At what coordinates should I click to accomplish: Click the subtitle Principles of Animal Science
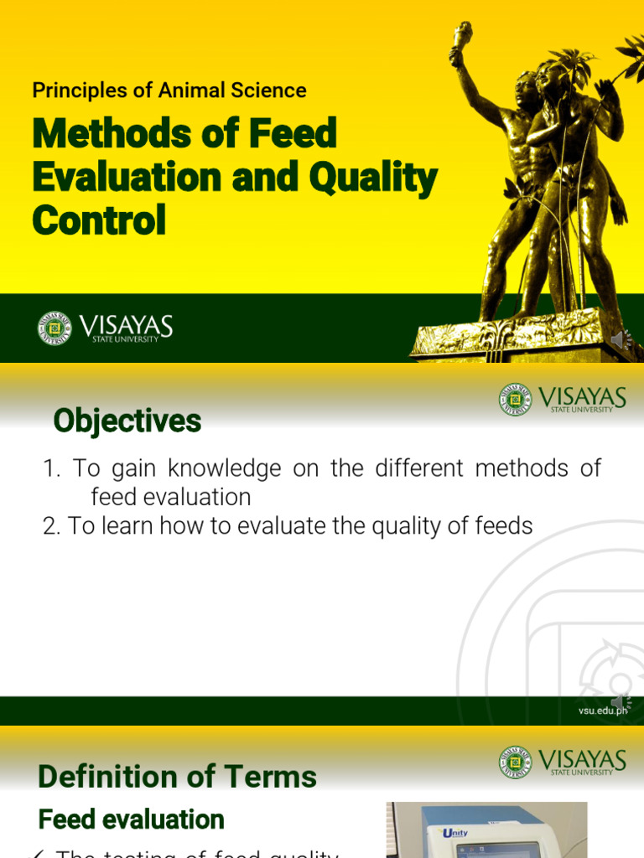pos(169,90)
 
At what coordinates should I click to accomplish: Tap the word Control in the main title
pos(99,220)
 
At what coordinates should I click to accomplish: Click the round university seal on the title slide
pos(55,328)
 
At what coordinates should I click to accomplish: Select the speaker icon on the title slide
pos(621,339)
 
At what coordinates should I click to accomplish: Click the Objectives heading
pos(127,421)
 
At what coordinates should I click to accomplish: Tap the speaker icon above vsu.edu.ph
pos(621,701)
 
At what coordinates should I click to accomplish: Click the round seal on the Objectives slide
pos(516,400)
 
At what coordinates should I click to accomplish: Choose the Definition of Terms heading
pos(178,777)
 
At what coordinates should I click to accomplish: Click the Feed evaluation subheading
pos(132,819)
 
